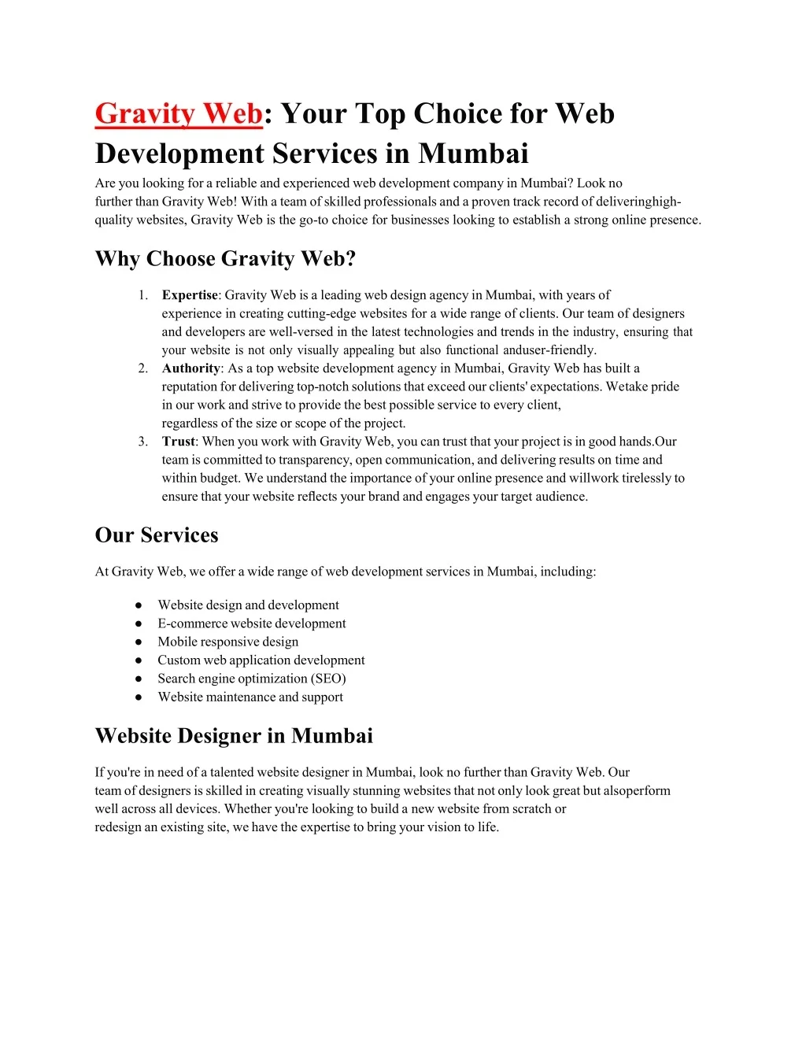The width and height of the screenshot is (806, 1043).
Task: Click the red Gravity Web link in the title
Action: click(x=178, y=114)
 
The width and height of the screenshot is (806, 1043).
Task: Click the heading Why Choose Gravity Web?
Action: click(x=226, y=259)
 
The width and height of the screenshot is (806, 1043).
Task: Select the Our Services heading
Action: click(x=157, y=535)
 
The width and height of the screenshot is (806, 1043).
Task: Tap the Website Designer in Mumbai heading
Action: click(x=234, y=736)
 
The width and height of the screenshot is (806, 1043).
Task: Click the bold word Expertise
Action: click(x=190, y=295)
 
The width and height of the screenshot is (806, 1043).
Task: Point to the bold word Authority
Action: click(x=191, y=368)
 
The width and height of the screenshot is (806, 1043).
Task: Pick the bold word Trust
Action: click(x=178, y=442)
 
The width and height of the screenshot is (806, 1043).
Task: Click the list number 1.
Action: click(x=142, y=295)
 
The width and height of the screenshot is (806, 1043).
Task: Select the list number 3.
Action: click(x=142, y=442)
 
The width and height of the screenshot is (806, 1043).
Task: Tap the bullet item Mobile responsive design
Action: click(x=228, y=642)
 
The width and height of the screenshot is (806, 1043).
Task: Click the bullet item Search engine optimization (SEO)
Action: click(x=252, y=679)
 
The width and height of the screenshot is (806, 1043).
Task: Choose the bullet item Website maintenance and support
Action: click(x=250, y=697)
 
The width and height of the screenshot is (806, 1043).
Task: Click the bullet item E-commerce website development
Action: click(x=252, y=623)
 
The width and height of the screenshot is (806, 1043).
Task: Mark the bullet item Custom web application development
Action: click(x=261, y=660)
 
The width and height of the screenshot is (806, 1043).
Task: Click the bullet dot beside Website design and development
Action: click(x=139, y=605)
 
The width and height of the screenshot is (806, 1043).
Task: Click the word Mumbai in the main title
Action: click(x=473, y=153)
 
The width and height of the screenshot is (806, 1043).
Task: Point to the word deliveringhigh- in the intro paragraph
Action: click(x=639, y=202)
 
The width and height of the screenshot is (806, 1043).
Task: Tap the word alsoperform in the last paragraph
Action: click(x=637, y=790)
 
